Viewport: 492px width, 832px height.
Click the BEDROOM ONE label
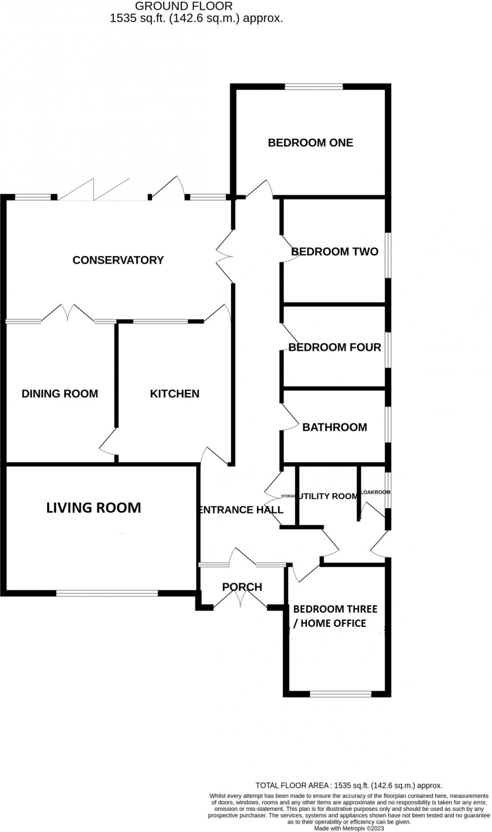pos(310,143)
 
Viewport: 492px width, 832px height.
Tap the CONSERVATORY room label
pos(118,260)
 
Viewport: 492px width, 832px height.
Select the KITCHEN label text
pos(174,394)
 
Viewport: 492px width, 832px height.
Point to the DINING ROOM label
pos(60,394)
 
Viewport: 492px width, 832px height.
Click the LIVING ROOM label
pos(93,508)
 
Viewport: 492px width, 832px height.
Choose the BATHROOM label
pos(334,428)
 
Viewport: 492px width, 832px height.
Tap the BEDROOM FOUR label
pos(334,347)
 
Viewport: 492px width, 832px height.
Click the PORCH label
pos(242,587)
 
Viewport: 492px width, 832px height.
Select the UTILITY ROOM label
pos(328,496)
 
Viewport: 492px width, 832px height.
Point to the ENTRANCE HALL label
pos(241,510)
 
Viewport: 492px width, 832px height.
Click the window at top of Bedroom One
pos(314,87)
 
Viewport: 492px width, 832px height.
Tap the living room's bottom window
pos(107,593)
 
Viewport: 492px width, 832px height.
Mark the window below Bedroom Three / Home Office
pos(341,695)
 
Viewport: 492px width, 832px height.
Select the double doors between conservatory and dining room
pos(67,313)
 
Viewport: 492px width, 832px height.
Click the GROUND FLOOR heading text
pos(184,7)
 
